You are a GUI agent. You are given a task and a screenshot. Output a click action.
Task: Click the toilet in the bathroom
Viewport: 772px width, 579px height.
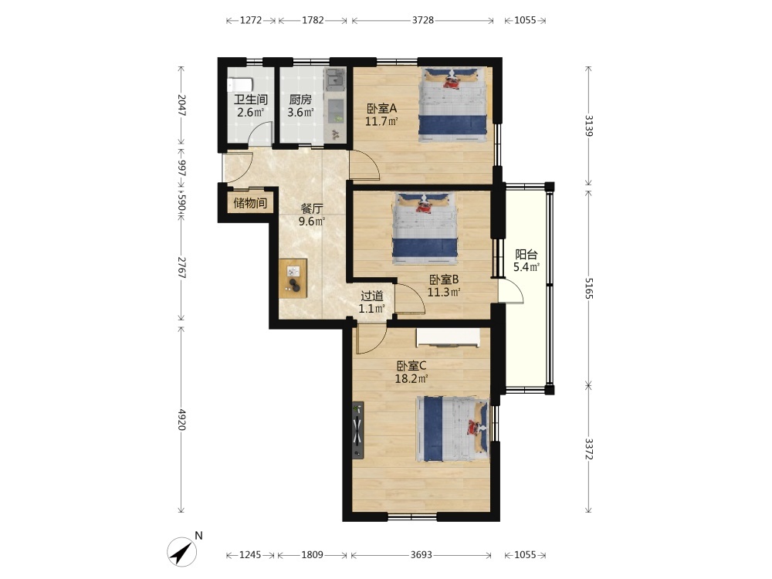click(240, 85)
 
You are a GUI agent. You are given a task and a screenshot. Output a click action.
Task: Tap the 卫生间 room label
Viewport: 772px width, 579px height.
click(250, 100)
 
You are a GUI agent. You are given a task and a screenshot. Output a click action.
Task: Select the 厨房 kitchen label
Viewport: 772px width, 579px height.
click(300, 100)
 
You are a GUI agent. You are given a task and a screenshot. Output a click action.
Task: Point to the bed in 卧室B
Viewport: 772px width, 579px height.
click(425, 228)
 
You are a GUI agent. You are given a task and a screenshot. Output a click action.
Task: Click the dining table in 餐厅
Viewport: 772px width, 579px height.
click(293, 278)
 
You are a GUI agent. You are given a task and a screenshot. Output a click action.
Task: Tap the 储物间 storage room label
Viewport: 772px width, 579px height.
click(250, 203)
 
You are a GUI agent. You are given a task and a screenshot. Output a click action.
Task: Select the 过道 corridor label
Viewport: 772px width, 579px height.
click(372, 296)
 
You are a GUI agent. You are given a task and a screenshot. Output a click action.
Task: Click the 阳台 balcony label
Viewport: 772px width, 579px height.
click(526, 255)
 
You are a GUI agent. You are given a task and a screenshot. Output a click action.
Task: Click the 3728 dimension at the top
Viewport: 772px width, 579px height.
click(423, 20)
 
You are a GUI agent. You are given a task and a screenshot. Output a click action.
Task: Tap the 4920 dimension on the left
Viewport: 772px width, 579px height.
click(181, 419)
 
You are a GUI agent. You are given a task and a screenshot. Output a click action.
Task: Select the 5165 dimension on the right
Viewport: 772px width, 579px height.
click(589, 288)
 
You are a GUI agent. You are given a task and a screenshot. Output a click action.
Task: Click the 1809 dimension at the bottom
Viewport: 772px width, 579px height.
click(312, 555)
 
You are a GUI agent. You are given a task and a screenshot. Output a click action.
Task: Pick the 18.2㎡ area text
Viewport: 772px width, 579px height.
click(411, 378)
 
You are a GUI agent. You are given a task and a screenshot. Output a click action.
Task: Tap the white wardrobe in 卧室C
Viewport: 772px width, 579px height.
click(448, 338)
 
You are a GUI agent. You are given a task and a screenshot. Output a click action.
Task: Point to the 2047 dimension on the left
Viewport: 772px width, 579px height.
click(181, 105)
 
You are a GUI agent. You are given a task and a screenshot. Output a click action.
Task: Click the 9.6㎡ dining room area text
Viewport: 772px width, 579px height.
click(312, 222)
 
